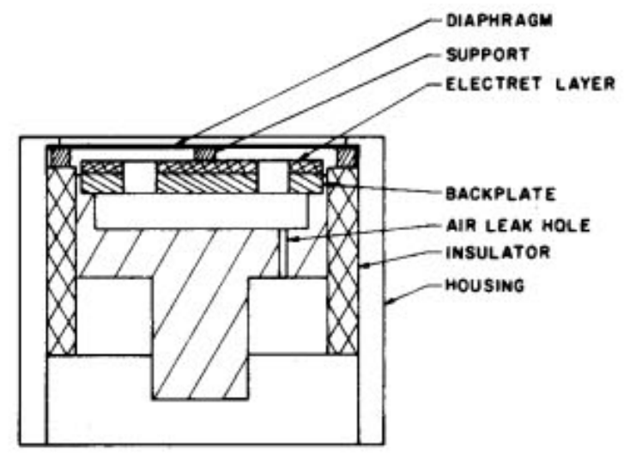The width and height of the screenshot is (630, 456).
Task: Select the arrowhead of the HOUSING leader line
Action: pyautogui.click(x=389, y=302)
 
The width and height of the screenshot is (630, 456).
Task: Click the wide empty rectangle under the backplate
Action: pyautogui.click(x=203, y=211)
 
